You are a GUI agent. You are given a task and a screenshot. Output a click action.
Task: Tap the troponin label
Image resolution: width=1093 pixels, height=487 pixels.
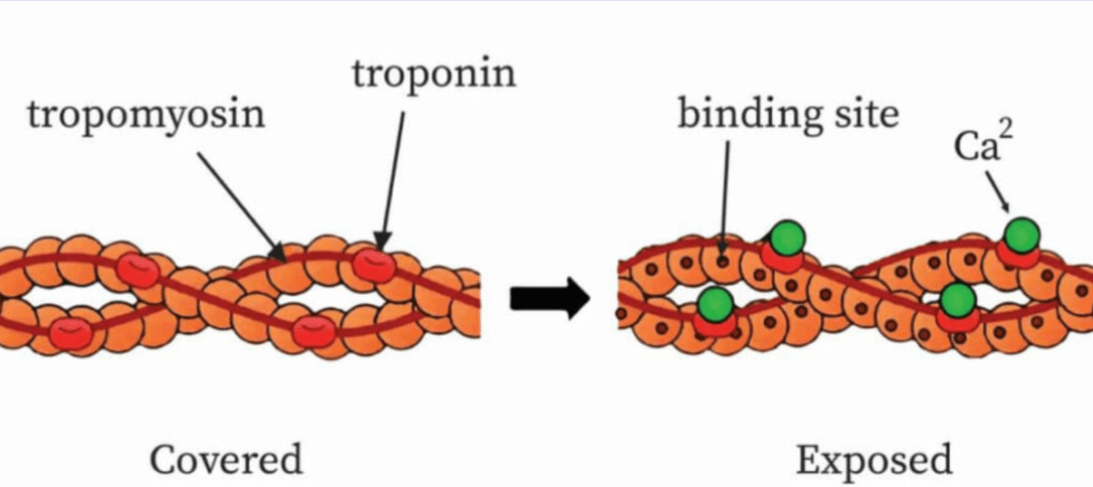click(x=434, y=74)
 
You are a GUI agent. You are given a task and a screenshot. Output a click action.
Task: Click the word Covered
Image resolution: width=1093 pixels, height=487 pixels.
click(x=226, y=459)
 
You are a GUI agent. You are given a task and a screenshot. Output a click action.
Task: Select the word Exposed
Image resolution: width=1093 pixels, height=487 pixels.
click(x=874, y=460)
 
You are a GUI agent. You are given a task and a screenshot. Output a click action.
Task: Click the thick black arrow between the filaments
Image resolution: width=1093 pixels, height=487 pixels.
click(x=550, y=298)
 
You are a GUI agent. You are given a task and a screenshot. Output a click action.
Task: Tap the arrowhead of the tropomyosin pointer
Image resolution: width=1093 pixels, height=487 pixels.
click(x=279, y=253)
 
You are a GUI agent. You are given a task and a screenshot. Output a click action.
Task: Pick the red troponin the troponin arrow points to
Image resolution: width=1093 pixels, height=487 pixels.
click(x=374, y=266)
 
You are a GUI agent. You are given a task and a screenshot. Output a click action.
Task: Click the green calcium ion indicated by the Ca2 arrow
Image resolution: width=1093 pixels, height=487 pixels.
click(x=1022, y=235)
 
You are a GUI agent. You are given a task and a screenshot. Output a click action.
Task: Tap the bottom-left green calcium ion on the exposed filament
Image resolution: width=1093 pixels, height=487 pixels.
click(x=716, y=304)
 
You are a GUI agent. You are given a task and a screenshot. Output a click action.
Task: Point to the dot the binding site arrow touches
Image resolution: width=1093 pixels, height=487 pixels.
click(x=722, y=262)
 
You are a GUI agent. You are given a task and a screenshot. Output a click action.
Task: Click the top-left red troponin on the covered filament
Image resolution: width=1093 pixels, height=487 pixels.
click(x=138, y=270)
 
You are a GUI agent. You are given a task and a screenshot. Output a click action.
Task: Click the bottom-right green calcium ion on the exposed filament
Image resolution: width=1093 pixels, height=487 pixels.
click(x=958, y=300)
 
